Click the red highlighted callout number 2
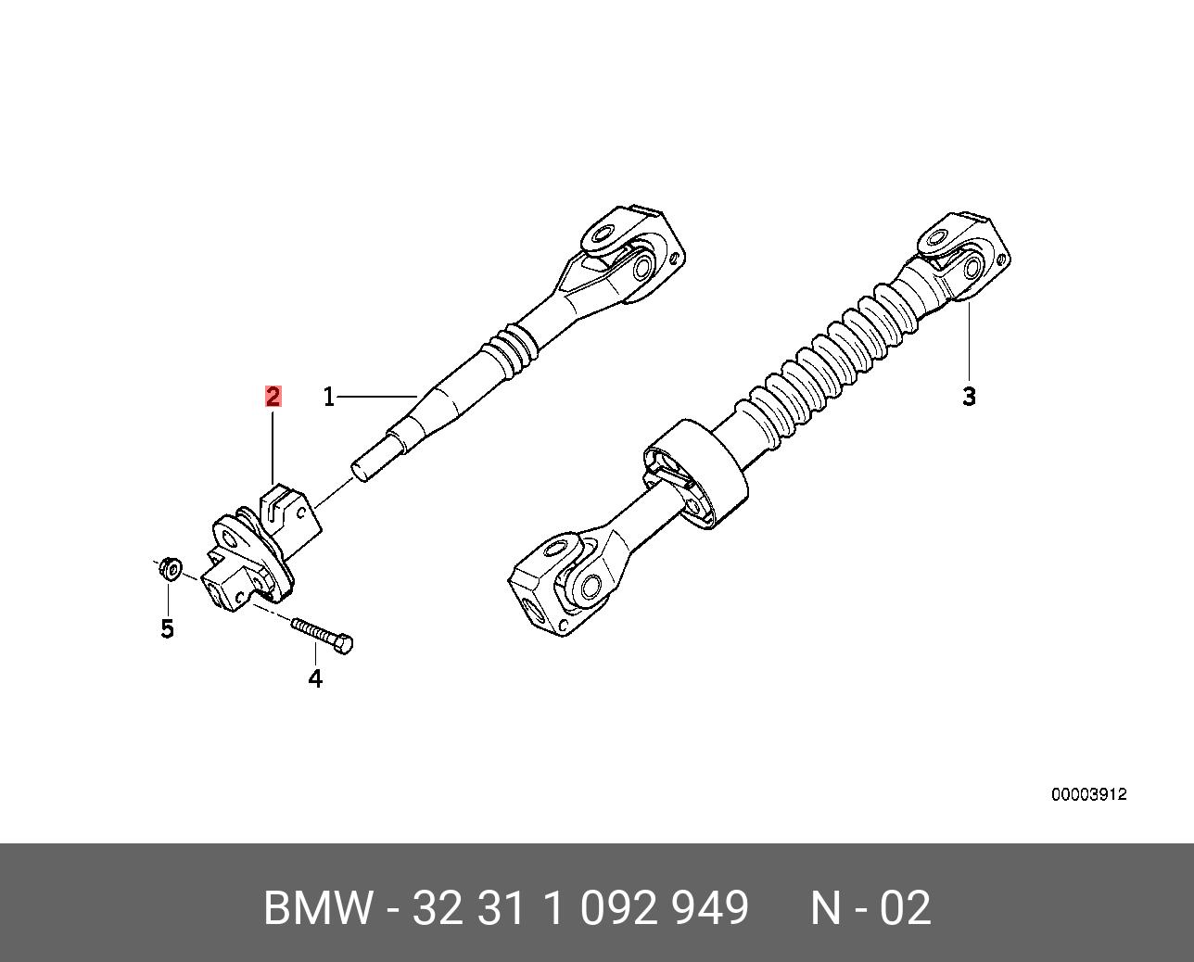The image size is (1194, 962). [x=273, y=397]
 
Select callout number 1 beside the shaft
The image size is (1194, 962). [x=328, y=398]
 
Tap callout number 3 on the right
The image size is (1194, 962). [x=969, y=397]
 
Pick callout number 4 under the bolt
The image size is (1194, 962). [x=315, y=678]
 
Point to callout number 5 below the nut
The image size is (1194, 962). [x=167, y=629]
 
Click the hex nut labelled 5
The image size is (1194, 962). [x=170, y=567]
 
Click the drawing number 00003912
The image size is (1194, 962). [x=1088, y=794]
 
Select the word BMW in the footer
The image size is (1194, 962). [x=318, y=908]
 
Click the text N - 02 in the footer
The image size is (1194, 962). [x=870, y=908]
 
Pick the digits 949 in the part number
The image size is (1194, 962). [x=711, y=908]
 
